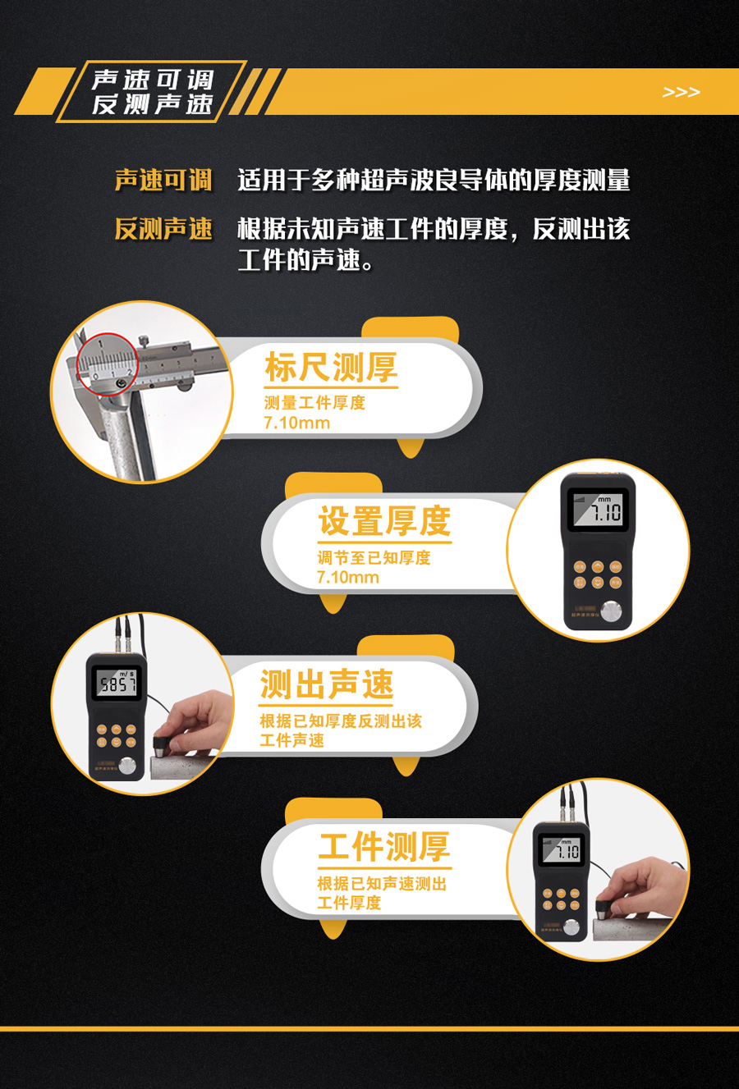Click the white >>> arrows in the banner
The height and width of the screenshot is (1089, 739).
click(x=681, y=92)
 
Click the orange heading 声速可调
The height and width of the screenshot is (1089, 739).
click(x=163, y=181)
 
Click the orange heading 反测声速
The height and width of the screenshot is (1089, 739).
click(x=163, y=228)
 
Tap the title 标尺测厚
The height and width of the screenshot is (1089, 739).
click(x=331, y=368)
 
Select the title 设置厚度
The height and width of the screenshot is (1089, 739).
click(x=384, y=520)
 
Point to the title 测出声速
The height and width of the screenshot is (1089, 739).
click(x=326, y=684)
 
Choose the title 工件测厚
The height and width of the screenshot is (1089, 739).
click(x=384, y=846)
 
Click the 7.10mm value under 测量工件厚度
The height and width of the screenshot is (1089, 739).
click(x=296, y=423)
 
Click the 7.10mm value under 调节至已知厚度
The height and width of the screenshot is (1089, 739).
click(x=348, y=578)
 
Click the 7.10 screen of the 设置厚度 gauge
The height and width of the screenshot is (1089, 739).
click(x=598, y=509)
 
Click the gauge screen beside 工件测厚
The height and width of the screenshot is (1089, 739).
click(x=562, y=850)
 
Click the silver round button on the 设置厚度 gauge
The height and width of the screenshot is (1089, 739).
click(x=611, y=611)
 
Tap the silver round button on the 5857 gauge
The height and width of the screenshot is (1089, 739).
click(x=127, y=766)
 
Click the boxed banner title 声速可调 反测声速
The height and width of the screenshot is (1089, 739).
click(x=152, y=91)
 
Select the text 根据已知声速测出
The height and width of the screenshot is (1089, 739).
click(x=382, y=883)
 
